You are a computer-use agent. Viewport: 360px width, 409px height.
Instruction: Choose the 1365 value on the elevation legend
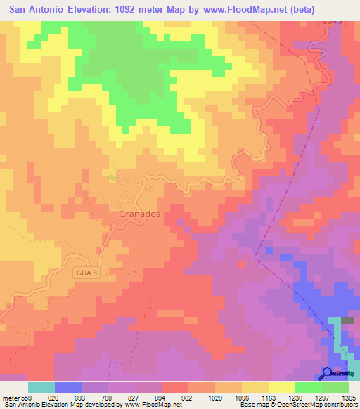tap(348, 398)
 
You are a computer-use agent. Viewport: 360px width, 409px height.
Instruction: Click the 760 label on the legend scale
tap(109, 398)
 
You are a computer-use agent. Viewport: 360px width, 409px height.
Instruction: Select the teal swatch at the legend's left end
tap(41, 387)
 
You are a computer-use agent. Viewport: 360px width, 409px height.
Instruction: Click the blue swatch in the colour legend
tap(68, 387)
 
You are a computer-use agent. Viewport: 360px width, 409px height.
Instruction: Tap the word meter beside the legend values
tap(11, 398)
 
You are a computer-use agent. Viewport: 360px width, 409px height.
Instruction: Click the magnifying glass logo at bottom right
tap(327, 373)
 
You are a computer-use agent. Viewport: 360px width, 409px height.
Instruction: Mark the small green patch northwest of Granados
tap(112, 177)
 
